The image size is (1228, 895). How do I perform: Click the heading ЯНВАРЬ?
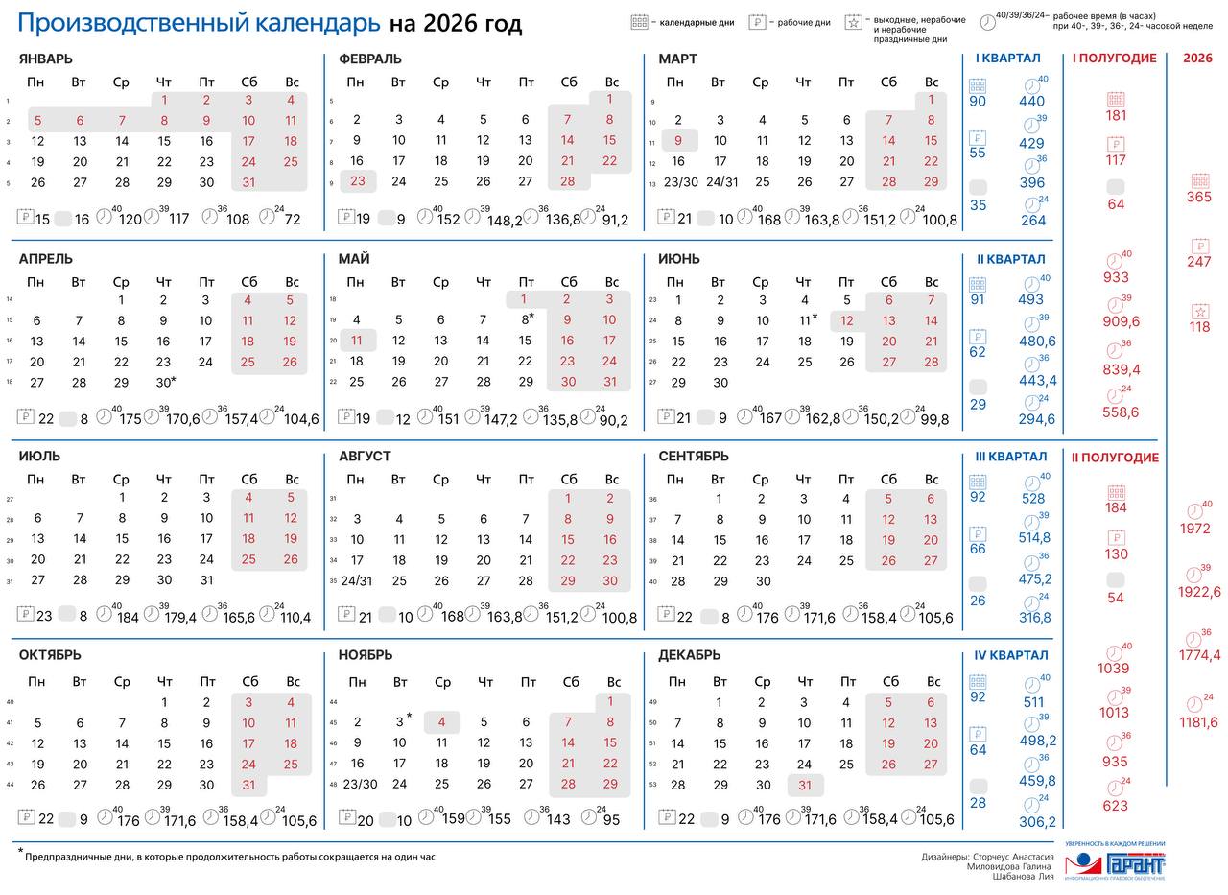[x=45, y=59]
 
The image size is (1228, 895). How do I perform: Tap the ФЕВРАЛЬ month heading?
[x=369, y=59]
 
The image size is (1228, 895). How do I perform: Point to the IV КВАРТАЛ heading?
[x=1009, y=656]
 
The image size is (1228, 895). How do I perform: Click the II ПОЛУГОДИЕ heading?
[x=1115, y=458]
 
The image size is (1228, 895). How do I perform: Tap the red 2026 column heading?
[x=1197, y=59]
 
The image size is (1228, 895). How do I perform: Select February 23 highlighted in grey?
[x=357, y=181]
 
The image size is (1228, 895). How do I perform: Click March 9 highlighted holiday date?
[x=678, y=141]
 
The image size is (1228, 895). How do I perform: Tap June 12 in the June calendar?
[x=846, y=321]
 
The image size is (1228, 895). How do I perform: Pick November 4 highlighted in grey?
[x=442, y=722]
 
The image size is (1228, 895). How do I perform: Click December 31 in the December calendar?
[x=804, y=785]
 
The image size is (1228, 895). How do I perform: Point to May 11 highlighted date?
[x=356, y=341]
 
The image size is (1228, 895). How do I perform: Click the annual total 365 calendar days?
[x=1198, y=198]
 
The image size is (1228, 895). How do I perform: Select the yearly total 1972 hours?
[x=1194, y=529]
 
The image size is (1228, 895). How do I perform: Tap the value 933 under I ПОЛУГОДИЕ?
[x=1116, y=277]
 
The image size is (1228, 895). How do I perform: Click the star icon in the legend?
[x=853, y=23]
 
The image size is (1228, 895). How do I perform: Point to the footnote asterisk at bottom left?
[x=20, y=853]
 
